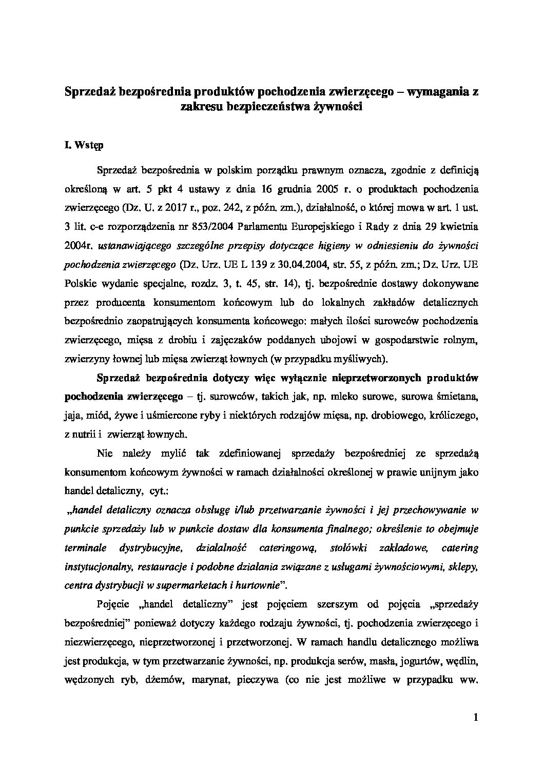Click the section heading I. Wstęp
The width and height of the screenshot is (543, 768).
84,145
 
